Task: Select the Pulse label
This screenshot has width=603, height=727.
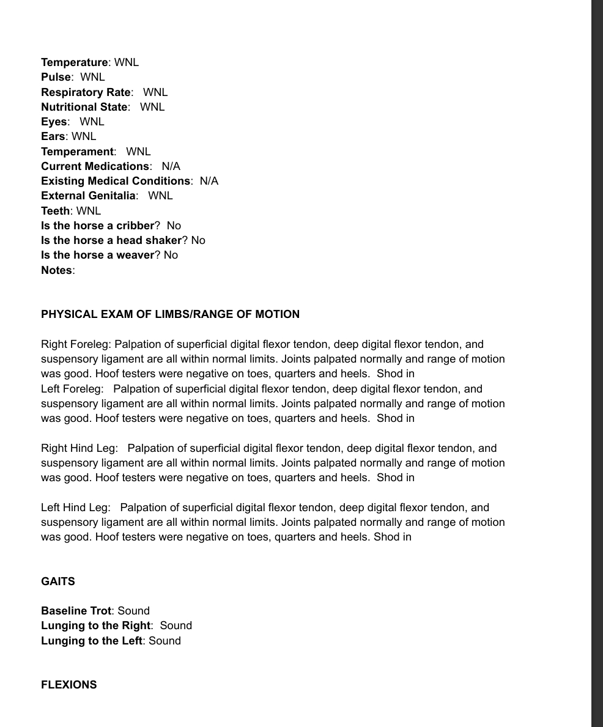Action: click(x=56, y=77)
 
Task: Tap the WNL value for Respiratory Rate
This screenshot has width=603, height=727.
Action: click(x=155, y=92)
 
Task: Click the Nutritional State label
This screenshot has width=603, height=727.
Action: click(x=85, y=107)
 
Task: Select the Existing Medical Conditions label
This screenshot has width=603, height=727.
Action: click(x=116, y=181)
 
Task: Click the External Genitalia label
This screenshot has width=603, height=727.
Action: click(x=88, y=196)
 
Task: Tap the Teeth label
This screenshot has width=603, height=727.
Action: click(x=55, y=211)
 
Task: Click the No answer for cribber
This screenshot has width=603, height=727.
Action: click(x=174, y=226)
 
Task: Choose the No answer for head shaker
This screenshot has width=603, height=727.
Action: click(x=198, y=240)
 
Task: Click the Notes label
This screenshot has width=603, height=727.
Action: click(x=57, y=270)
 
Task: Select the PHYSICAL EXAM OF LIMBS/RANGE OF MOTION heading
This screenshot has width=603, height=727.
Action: click(x=170, y=314)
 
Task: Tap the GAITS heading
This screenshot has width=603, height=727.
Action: click(x=58, y=581)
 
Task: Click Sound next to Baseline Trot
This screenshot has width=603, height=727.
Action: click(x=134, y=611)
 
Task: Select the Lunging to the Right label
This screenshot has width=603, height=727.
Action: click(x=95, y=626)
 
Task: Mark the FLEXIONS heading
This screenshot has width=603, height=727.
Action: click(x=68, y=685)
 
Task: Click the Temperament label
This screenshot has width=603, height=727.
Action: click(x=77, y=152)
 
